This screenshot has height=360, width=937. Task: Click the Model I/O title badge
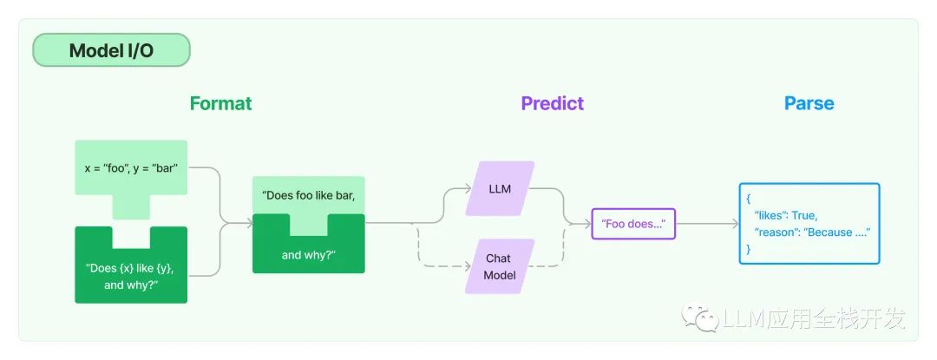111,51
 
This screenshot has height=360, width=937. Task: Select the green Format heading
220,103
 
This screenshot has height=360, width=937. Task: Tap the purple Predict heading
552,103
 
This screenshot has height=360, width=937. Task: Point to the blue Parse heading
809,103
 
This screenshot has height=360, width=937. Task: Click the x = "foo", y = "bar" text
131,167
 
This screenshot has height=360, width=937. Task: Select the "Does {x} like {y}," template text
131,268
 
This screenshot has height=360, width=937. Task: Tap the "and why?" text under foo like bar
308,255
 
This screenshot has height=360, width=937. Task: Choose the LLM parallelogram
499,188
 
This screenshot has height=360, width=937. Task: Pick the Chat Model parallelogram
499,266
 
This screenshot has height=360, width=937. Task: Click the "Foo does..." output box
633,224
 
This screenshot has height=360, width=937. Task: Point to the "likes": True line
784,215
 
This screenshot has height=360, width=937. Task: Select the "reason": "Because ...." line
810,232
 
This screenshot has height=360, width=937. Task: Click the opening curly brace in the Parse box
748,199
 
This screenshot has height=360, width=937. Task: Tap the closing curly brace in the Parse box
748,249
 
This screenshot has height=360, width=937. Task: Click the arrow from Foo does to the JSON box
706,224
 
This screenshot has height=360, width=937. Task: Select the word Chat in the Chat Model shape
498,259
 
